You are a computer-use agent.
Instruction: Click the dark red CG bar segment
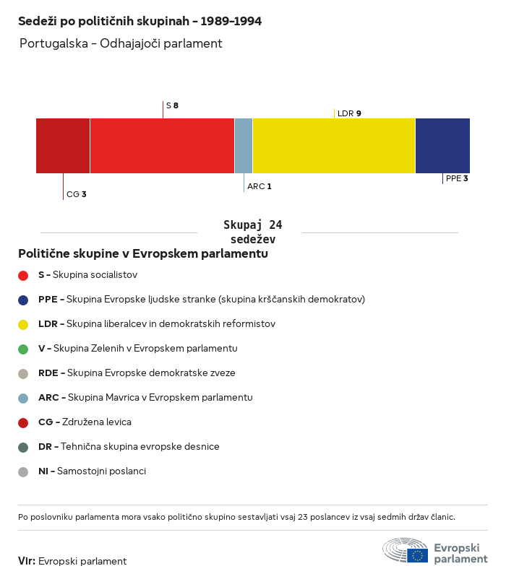[x=63, y=146]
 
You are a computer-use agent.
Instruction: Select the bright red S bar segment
[x=162, y=146]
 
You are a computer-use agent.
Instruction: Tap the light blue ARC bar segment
[x=244, y=146]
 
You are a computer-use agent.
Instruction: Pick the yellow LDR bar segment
[x=334, y=146]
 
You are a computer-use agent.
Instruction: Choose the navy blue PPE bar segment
[x=443, y=146]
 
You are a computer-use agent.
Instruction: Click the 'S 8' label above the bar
[x=172, y=105]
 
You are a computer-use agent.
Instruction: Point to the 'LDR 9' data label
[x=349, y=113]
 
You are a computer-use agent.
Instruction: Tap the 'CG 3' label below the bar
[x=77, y=194]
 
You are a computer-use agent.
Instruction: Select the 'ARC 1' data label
[x=260, y=186]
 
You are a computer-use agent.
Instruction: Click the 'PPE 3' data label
[x=457, y=179]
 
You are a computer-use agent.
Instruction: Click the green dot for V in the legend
[x=23, y=349]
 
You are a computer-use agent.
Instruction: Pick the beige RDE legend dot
[x=23, y=374]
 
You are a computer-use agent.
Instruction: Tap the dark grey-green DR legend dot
[x=23, y=448]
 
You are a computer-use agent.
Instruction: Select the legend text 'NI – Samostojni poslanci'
[x=92, y=471]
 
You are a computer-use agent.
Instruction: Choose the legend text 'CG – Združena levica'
[x=85, y=422]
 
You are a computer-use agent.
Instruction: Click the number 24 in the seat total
[x=275, y=225]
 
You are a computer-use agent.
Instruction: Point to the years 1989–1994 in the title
[x=231, y=21]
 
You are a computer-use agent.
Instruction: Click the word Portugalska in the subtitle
[x=53, y=43]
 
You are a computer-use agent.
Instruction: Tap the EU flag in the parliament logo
[x=418, y=555]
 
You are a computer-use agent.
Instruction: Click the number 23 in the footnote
[x=303, y=517]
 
